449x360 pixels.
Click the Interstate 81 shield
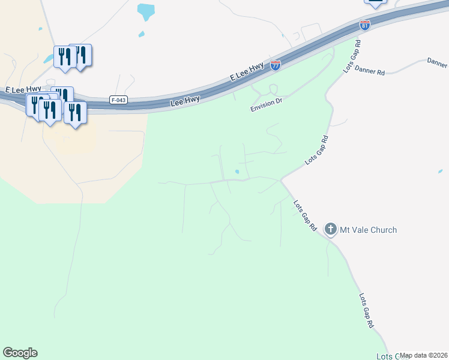point(365,25)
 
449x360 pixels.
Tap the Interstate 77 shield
point(276,65)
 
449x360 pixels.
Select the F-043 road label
point(118,100)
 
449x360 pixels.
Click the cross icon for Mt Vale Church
point(330,229)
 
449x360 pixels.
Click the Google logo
point(20,353)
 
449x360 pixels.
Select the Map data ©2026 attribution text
point(424,355)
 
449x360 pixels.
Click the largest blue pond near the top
point(145,11)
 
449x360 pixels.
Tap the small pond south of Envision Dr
point(238,172)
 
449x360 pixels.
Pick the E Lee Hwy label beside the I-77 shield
point(247,74)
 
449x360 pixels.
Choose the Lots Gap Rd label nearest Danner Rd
point(352,57)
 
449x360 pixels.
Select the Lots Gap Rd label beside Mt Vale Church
point(305,215)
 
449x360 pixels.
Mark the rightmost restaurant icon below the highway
point(75,112)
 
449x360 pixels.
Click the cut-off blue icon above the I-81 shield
point(375,3)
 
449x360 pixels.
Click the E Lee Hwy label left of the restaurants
point(23,90)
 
